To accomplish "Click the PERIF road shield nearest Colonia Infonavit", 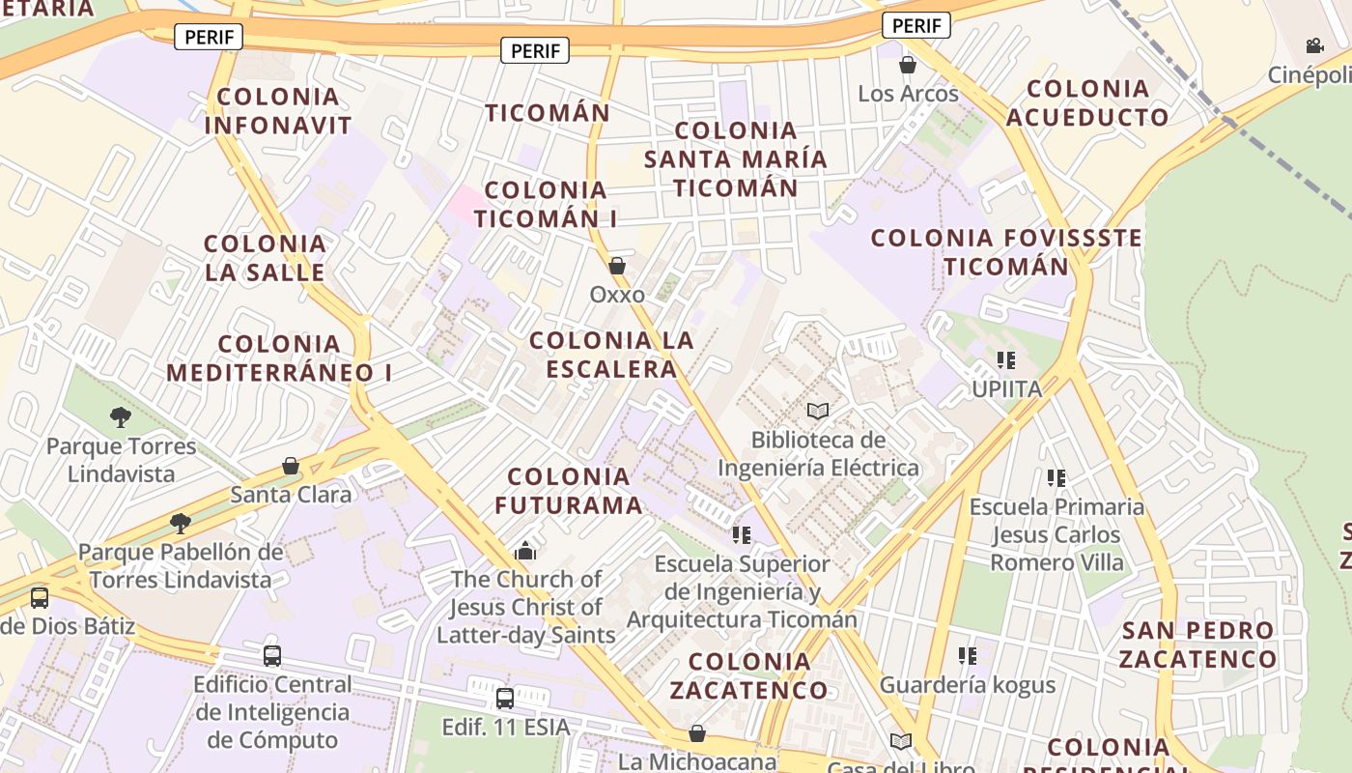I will pos(209,38).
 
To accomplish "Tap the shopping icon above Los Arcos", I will pos(907,65).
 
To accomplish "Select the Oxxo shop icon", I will pos(617,265).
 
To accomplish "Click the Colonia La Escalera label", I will pos(611,355).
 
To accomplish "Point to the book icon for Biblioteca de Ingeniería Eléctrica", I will pos(818,412).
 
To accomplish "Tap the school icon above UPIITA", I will pos(1006,360).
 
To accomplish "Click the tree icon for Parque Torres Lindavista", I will pos(121,417).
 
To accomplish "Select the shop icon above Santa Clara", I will pos(291,467).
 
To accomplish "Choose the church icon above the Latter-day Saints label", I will pos(525,551).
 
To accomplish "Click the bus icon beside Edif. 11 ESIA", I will pos(504,698).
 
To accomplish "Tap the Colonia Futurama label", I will pos(569,491).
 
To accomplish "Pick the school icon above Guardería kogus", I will pos(967,656).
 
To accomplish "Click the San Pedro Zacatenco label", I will pos(1198,644).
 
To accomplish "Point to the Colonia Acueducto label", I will pos(1087,102).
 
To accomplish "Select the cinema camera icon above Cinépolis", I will pos(1314,45).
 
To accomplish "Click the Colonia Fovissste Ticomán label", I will pos(1006,251).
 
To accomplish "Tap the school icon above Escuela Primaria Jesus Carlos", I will pos(1056,477).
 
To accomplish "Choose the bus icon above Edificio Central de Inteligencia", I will pos(272,656).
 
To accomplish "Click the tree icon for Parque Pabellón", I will pos(180,524).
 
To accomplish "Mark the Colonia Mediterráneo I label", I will pos(280,358).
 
